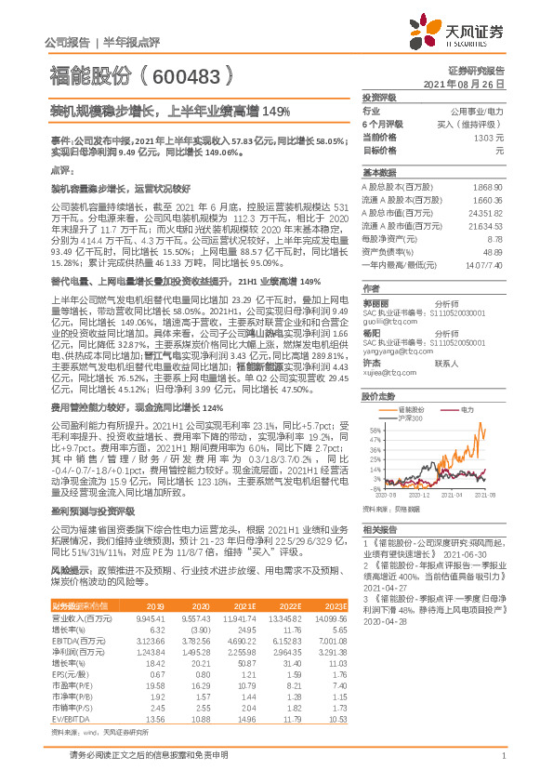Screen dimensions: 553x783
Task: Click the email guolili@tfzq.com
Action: coord(385,295)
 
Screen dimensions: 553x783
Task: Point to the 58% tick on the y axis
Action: coord(375,431)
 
